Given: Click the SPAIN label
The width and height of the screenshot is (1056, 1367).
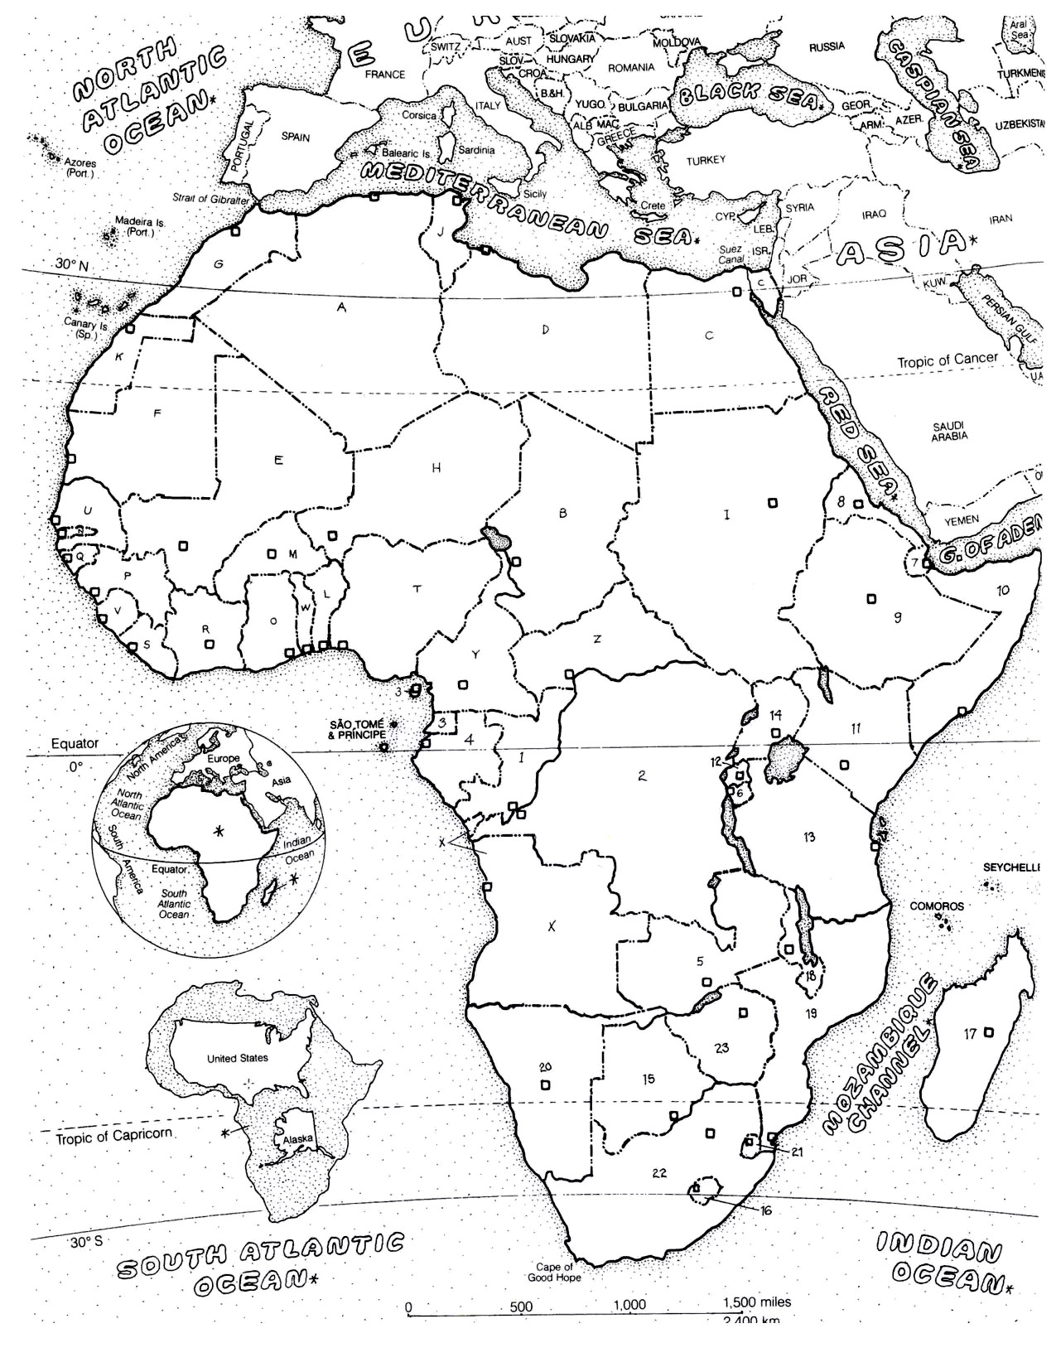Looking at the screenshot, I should click(x=295, y=138).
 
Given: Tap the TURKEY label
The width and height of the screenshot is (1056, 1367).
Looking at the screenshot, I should click(x=705, y=160).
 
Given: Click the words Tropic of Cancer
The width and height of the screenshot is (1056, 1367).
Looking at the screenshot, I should click(x=948, y=361).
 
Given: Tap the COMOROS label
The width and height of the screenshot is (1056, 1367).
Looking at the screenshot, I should click(x=937, y=906).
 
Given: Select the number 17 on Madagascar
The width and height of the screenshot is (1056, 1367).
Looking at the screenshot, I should click(x=970, y=1033).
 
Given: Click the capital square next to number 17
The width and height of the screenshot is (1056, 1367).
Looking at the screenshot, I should click(x=989, y=1031).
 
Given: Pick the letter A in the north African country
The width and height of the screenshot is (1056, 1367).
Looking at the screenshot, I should click(x=340, y=307).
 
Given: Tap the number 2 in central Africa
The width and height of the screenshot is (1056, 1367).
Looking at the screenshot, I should click(x=641, y=775).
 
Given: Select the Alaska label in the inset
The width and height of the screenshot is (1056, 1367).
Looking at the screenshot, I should click(x=297, y=1138).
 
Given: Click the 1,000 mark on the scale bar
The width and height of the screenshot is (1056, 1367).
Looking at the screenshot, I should click(x=629, y=1305).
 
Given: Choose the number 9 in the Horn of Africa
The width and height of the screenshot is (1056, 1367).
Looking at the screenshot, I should click(x=897, y=617).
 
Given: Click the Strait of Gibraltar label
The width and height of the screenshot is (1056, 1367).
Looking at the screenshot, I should click(x=210, y=199).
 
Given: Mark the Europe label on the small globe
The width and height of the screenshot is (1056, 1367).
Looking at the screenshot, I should click(x=223, y=758).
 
